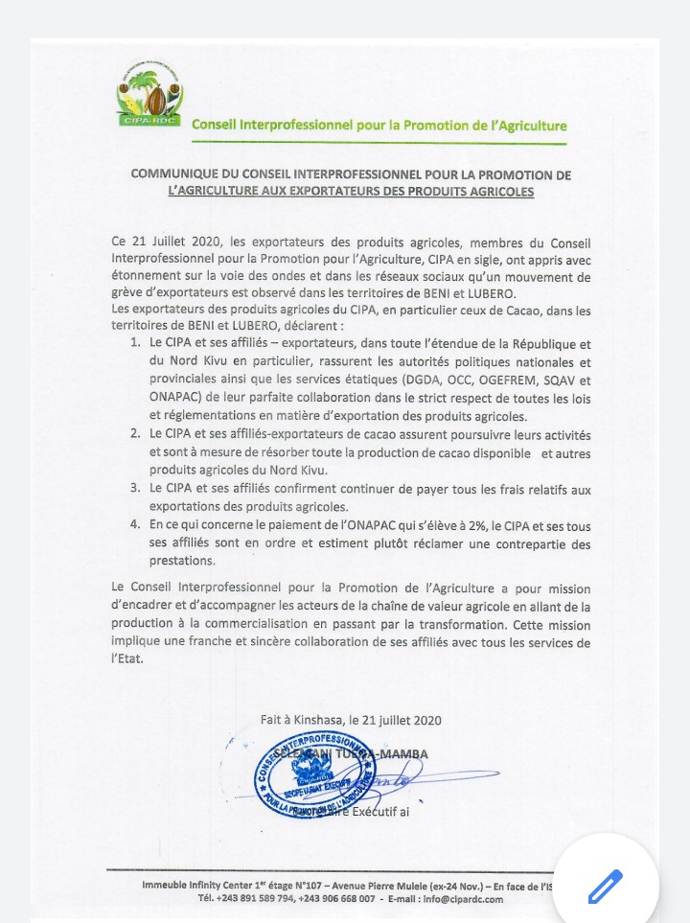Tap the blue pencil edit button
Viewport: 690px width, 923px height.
pyautogui.click(x=605, y=887)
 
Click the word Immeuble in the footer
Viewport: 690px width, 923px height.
pyautogui.click(x=169, y=886)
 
